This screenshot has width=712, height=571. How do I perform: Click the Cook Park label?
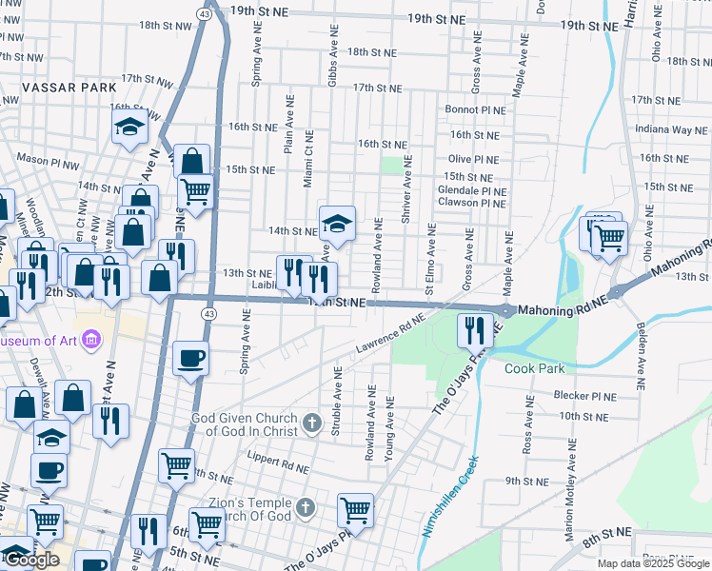click(534, 368)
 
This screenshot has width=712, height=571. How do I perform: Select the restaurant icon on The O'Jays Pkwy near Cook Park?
click(473, 329)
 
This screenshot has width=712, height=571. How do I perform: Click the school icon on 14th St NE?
click(336, 223)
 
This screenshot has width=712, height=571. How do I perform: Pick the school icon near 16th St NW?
click(129, 127)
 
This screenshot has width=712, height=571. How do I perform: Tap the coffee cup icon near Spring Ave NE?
click(191, 358)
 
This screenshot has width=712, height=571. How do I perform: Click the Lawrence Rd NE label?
click(388, 338)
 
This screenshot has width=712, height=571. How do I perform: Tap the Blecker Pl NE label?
click(590, 394)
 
